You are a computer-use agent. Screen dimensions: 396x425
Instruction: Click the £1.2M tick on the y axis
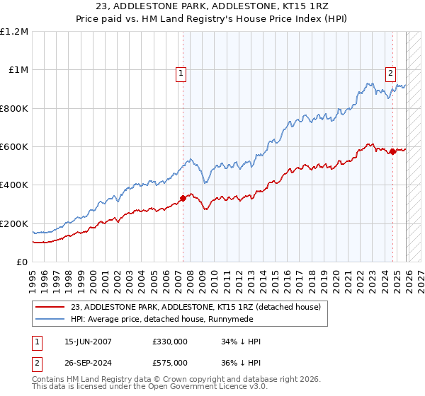pyautogui.click(x=14, y=32)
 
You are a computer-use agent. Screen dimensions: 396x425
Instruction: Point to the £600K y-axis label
pyautogui.click(x=14, y=147)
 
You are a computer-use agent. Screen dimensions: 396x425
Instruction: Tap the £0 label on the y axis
pyautogui.click(x=23, y=262)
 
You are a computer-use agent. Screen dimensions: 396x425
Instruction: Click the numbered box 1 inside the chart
pyautogui.click(x=181, y=72)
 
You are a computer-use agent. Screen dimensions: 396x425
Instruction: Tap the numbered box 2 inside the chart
pyautogui.click(x=390, y=71)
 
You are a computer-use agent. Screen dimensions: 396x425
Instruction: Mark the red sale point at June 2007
pyautogui.click(x=183, y=199)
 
